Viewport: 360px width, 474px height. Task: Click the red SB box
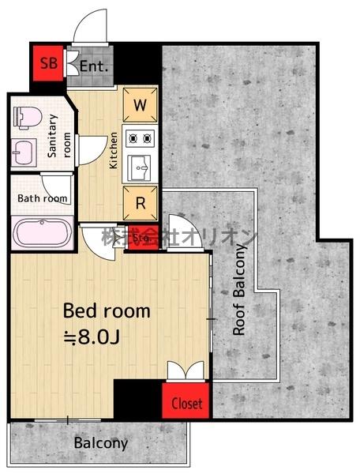coord(48,63)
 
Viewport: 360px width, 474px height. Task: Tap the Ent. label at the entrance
coord(94,66)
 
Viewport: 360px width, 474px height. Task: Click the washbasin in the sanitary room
coord(24,152)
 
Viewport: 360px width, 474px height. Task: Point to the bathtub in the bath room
coord(42,232)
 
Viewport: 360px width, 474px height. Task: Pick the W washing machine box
coord(141,105)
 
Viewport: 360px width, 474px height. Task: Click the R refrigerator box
coord(141,203)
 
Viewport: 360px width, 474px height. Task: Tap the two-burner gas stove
coord(141,139)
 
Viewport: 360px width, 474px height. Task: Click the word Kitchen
coord(113,150)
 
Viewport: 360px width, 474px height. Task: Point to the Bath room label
coord(43,198)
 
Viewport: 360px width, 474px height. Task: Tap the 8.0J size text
coord(92,337)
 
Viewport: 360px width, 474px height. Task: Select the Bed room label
coord(107,310)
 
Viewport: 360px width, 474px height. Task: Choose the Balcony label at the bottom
coord(101,443)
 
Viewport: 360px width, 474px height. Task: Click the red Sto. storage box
coord(141,238)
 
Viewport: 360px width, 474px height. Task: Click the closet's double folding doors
coord(186,371)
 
